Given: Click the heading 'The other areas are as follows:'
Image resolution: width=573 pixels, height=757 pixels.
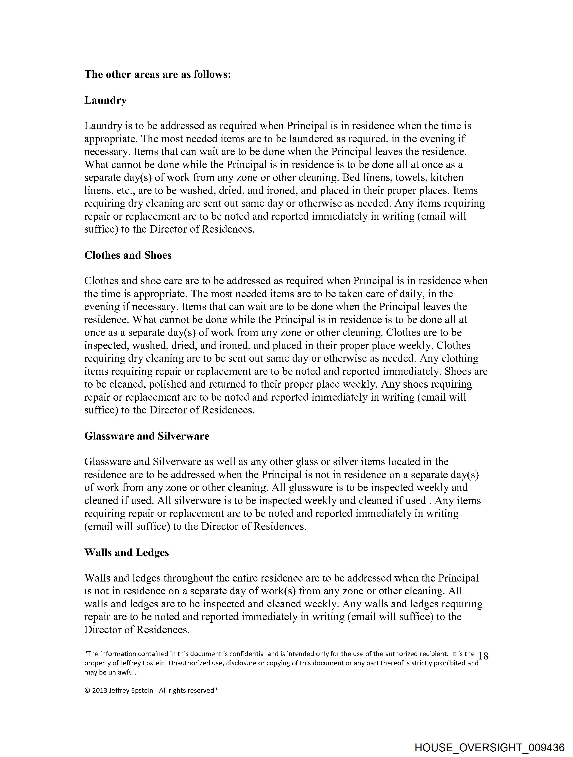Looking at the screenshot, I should pyautogui.click(x=158, y=74).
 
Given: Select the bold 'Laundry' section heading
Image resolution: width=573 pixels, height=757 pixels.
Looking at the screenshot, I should pyautogui.click(x=105, y=100).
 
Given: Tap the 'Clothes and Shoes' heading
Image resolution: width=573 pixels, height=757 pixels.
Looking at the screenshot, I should pyautogui.click(x=128, y=255).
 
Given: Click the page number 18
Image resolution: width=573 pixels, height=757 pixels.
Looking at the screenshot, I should pyautogui.click(x=483, y=656).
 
